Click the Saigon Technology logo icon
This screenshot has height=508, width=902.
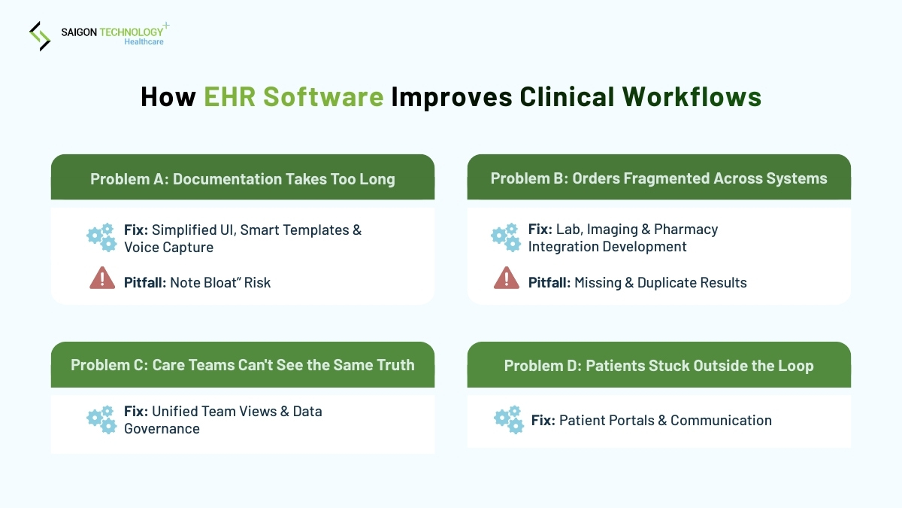tap(39, 36)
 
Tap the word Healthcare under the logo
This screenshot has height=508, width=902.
tap(144, 42)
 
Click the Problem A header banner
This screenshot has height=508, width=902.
tap(242, 178)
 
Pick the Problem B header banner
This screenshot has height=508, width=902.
tap(658, 178)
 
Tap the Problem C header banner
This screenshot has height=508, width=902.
tap(242, 365)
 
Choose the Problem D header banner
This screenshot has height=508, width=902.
tap(658, 366)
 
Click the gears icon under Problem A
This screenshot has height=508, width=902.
tap(101, 237)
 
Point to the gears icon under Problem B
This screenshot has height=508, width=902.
tap(506, 237)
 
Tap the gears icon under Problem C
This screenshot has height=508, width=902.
tap(101, 420)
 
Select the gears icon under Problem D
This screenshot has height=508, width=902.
tap(509, 420)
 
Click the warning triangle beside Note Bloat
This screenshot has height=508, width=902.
tap(102, 279)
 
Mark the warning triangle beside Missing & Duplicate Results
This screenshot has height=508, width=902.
tap(507, 279)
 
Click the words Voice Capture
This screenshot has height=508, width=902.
tap(168, 248)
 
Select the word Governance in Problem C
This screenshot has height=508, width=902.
tap(162, 429)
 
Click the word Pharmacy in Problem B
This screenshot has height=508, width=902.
tap(686, 230)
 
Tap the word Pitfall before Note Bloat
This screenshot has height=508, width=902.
tap(145, 283)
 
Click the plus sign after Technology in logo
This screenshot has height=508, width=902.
tap(166, 26)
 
